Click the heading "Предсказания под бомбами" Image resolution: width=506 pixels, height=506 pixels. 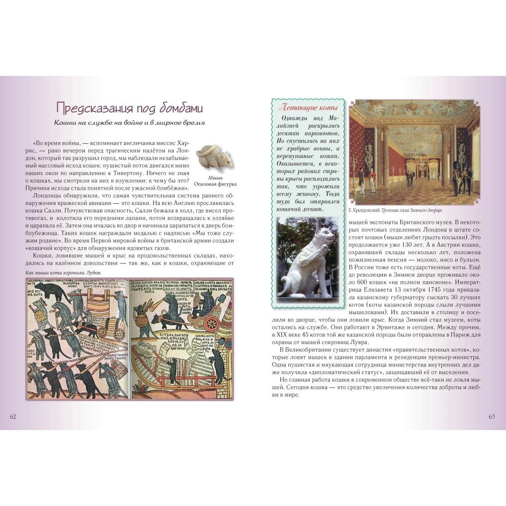click(x=129, y=108)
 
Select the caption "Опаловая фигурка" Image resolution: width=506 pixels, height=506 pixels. click(x=215, y=184)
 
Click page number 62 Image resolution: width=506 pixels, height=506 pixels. click(x=13, y=417)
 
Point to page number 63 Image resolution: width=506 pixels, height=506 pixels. click(x=492, y=417)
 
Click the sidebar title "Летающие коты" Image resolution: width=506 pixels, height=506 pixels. click(x=307, y=108)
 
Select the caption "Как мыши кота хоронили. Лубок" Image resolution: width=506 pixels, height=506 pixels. click(x=66, y=272)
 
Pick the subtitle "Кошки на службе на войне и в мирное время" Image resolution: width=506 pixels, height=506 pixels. click(x=129, y=123)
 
